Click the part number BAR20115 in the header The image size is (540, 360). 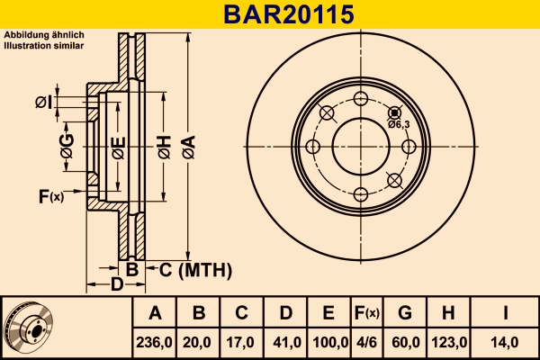pyautogui.click(x=269, y=14)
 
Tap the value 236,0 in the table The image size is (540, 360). pyautogui.click(x=154, y=342)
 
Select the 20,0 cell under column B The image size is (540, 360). pyautogui.click(x=199, y=342)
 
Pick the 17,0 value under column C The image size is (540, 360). pyautogui.click(x=241, y=342)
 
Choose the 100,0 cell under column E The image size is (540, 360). pyautogui.click(x=328, y=342)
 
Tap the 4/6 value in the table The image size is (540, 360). pyautogui.click(x=366, y=342)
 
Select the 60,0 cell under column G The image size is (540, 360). pyautogui.click(x=404, y=342)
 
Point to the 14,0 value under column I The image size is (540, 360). pyautogui.click(x=506, y=342)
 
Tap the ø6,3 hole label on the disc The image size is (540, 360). pyautogui.click(x=400, y=124)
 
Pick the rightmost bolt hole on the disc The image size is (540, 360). pyautogui.click(x=408, y=147)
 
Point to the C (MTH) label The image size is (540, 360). pyautogui.click(x=195, y=269)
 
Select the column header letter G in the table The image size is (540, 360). pyautogui.click(x=404, y=313)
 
